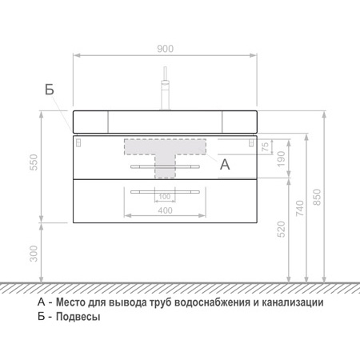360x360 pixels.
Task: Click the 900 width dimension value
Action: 165,49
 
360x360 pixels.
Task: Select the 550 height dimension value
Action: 34,162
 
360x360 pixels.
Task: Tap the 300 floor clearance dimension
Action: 34,254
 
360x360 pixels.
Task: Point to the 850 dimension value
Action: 317,197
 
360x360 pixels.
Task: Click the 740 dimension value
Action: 300,208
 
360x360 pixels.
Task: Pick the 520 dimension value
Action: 282,230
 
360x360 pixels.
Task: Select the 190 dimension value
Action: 282,159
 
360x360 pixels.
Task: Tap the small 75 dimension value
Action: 266,146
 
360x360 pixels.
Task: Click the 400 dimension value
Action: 165,210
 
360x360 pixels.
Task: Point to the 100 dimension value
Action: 165,197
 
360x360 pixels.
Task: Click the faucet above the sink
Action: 166,88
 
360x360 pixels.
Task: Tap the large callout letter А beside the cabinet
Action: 225,164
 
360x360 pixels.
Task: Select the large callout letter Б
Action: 50,90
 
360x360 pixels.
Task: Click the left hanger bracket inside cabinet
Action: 78,142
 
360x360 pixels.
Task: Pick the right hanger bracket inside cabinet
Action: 251,142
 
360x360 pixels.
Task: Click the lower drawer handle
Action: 165,192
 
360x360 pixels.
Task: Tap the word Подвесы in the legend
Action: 78,317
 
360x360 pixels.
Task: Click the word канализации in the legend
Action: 292,302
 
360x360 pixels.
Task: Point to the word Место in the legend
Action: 70,302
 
